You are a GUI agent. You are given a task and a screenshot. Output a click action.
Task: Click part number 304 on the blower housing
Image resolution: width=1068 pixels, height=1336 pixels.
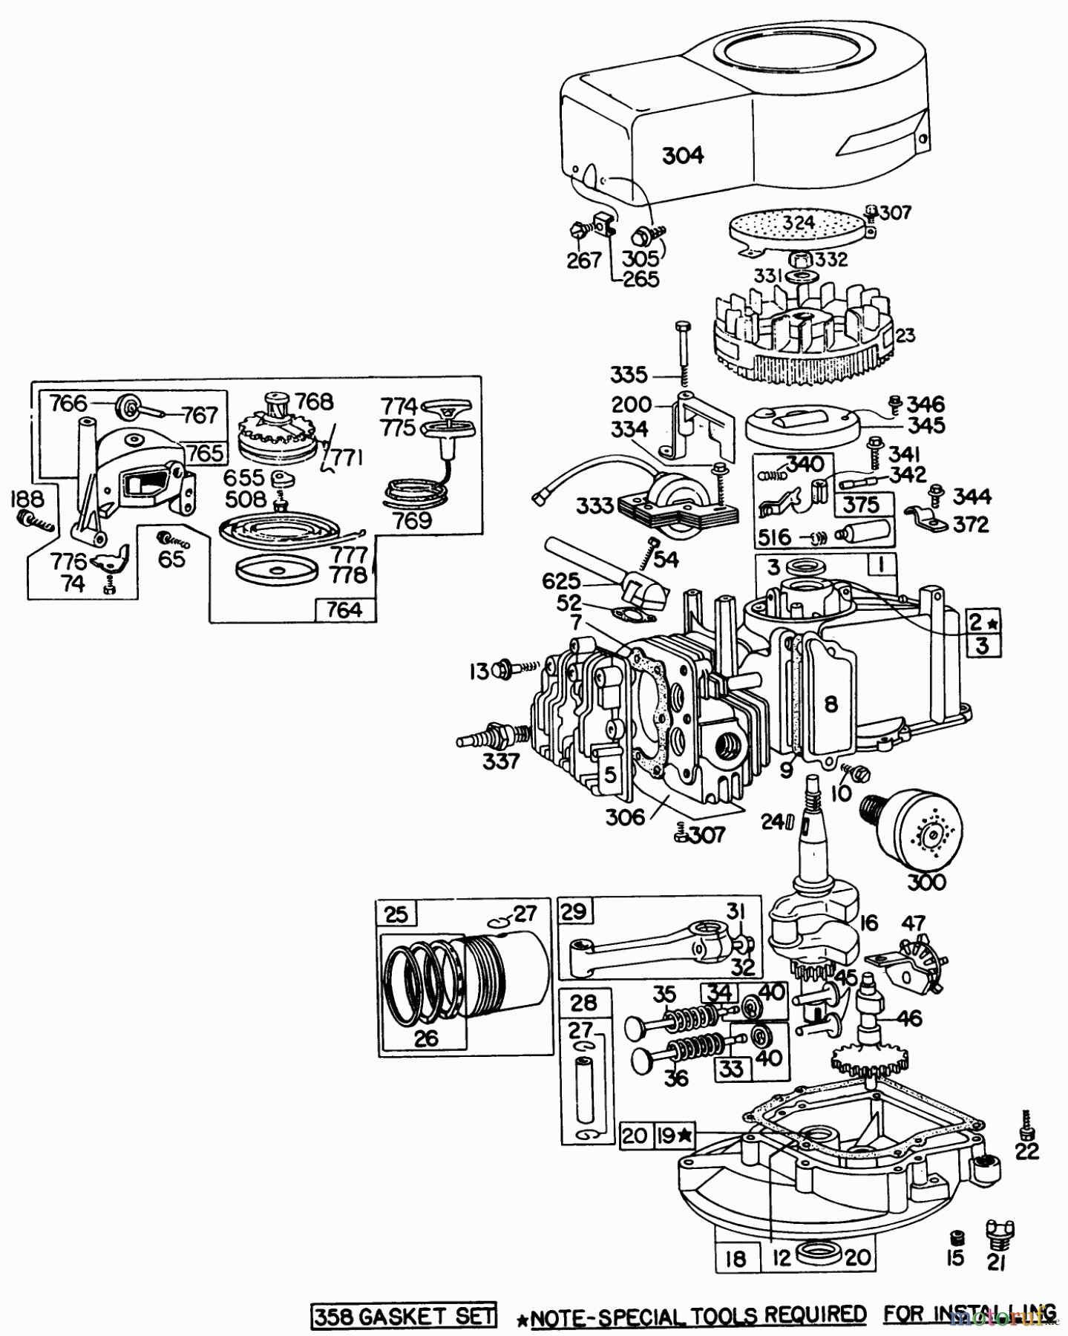click(x=682, y=155)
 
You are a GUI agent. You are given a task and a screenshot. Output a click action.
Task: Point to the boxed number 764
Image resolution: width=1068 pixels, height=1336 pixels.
click(x=344, y=609)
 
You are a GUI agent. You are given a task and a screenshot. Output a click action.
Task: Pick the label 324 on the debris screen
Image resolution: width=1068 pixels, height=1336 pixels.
click(x=799, y=222)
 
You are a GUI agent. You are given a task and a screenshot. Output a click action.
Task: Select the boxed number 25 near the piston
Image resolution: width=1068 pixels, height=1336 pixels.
click(x=397, y=913)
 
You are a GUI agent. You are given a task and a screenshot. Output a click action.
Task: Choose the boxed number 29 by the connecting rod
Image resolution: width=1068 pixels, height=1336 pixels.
click(x=574, y=911)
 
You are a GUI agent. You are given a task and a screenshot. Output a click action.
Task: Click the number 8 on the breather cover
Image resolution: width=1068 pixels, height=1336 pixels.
click(x=831, y=703)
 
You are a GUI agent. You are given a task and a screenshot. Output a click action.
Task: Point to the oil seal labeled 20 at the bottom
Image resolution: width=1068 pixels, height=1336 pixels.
click(x=819, y=1254)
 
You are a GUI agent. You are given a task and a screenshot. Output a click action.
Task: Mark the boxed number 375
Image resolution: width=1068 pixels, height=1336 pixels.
click(x=861, y=505)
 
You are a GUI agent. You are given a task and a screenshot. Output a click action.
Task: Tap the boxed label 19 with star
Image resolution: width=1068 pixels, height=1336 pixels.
click(x=675, y=1135)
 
